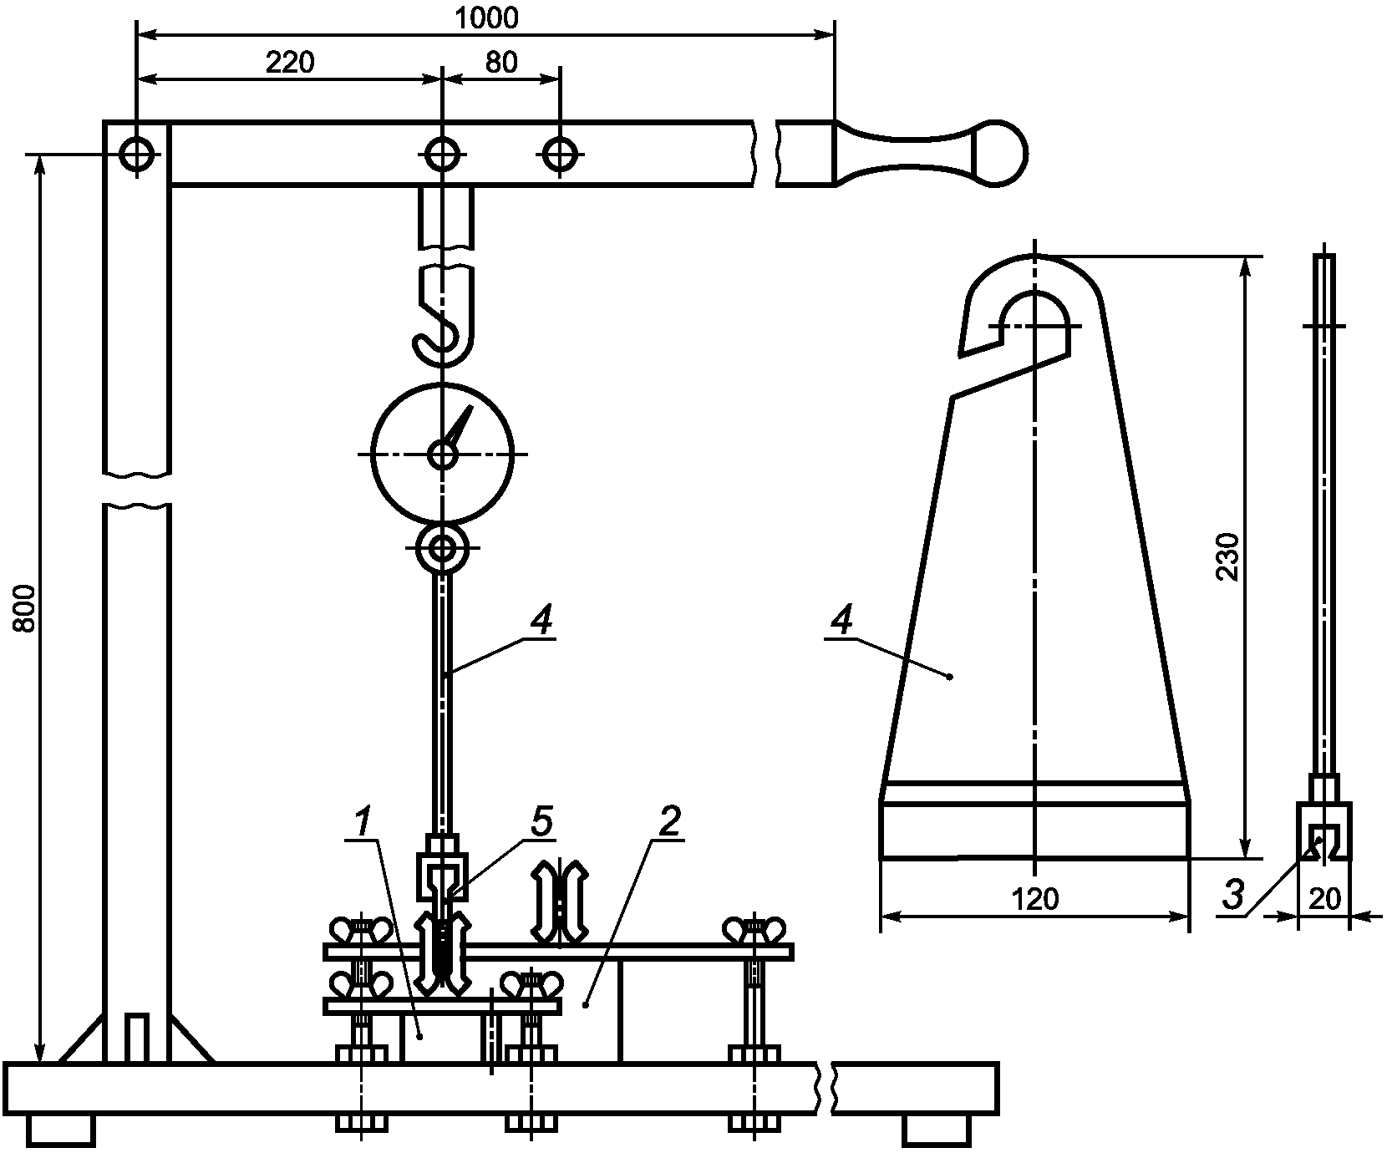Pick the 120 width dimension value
(1034, 900)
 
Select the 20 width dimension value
(1324, 899)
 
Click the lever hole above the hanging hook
(442, 154)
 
